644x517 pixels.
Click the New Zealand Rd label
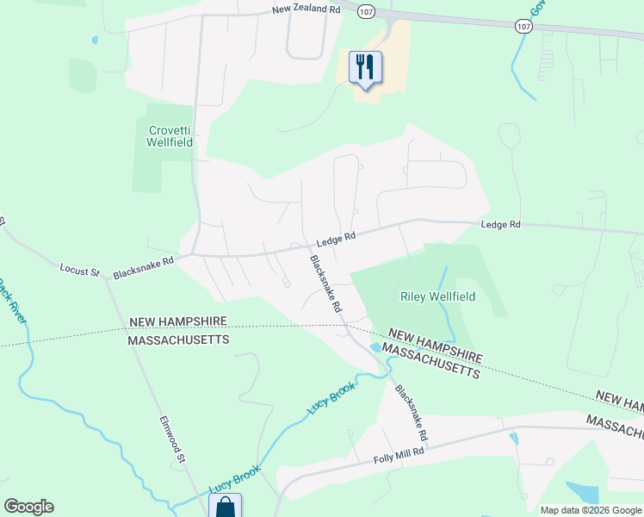pyautogui.click(x=306, y=9)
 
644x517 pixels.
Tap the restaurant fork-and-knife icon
pyautogui.click(x=365, y=66)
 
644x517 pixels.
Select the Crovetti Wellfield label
pyautogui.click(x=170, y=137)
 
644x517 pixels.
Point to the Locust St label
pyautogui.click(x=79, y=271)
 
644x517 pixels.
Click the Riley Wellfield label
pyautogui.click(x=438, y=296)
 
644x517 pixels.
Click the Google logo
pyautogui.click(x=28, y=507)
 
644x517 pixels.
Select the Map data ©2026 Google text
pyautogui.click(x=591, y=510)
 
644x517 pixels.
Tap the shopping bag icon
pyautogui.click(x=225, y=506)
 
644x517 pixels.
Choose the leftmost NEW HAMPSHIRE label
pyautogui.click(x=178, y=321)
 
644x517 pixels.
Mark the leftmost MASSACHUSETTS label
pyautogui.click(x=178, y=340)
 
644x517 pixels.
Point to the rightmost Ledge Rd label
pyautogui.click(x=501, y=224)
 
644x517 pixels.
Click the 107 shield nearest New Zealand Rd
pyautogui.click(x=367, y=12)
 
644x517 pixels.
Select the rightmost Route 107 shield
pyautogui.click(x=523, y=26)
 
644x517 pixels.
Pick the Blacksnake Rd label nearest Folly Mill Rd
pyautogui.click(x=412, y=410)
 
